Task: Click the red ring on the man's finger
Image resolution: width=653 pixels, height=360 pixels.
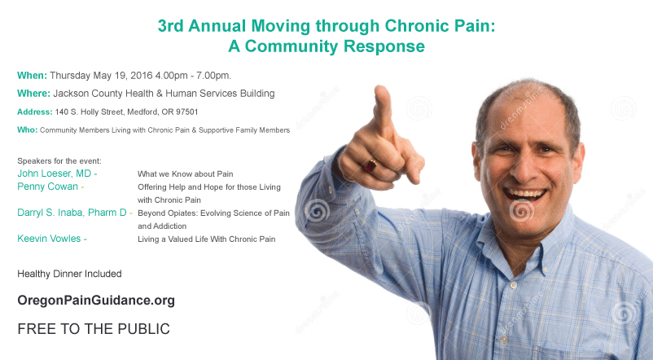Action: pyautogui.click(x=370, y=166)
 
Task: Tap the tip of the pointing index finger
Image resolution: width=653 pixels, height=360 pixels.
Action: pyautogui.click(x=380, y=88)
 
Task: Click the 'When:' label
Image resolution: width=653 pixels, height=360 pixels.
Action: pyautogui.click(x=32, y=76)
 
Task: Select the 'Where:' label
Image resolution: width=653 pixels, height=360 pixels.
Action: pyautogui.click(x=33, y=94)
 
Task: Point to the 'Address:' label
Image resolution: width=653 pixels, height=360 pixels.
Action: pyautogui.click(x=35, y=112)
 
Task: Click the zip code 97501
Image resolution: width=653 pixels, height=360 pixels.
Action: pyautogui.click(x=187, y=112)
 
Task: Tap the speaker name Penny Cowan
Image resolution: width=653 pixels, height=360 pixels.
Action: pyautogui.click(x=47, y=187)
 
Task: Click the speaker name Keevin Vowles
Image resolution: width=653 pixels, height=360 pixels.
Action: pyautogui.click(x=49, y=239)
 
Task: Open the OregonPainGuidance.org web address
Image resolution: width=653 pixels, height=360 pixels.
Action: pyautogui.click(x=96, y=301)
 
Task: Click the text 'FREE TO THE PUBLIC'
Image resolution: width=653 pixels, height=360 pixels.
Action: pyautogui.click(x=94, y=329)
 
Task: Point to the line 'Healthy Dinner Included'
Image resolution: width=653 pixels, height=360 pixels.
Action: pyautogui.click(x=69, y=274)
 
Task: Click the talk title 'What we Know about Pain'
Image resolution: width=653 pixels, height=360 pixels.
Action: pyautogui.click(x=186, y=173)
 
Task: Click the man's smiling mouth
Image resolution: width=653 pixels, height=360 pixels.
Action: pyautogui.click(x=524, y=194)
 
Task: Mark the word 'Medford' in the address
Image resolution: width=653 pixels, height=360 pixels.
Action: pyautogui.click(x=142, y=112)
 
